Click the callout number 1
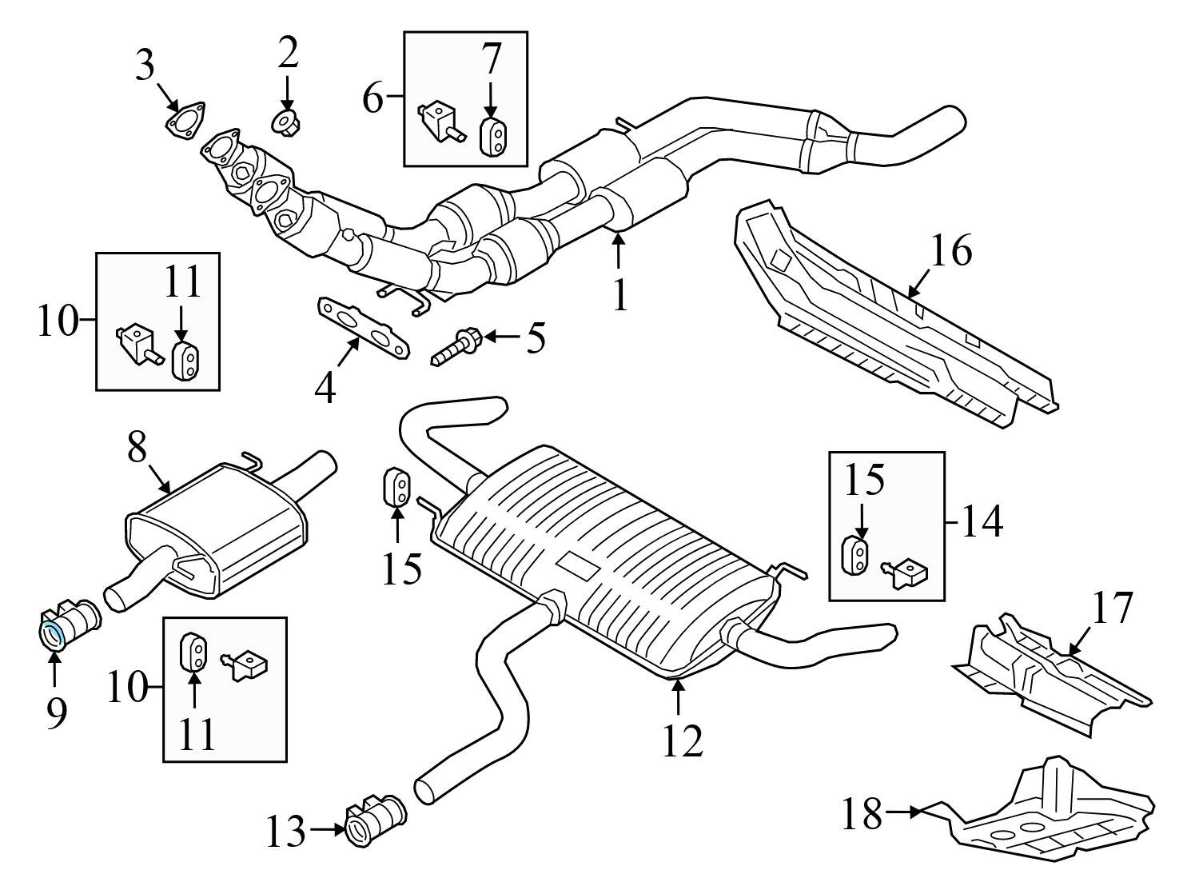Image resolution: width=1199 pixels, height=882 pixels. point(620,295)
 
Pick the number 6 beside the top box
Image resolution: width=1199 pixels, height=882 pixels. point(373,98)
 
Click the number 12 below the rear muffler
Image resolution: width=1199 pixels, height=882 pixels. point(681,740)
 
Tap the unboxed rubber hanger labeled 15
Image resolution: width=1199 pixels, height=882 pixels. point(397,488)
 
